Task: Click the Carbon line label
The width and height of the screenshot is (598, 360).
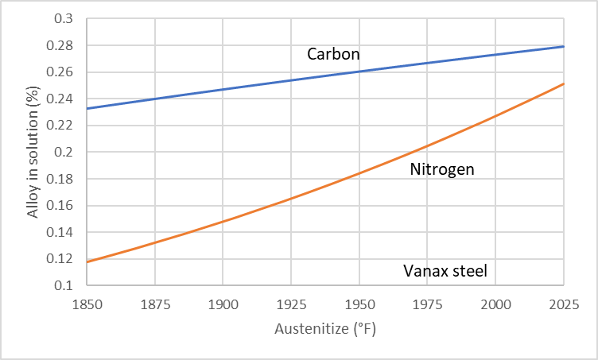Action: click(333, 55)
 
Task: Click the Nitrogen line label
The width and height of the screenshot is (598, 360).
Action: click(443, 169)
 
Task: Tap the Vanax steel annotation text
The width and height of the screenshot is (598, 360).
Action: click(445, 271)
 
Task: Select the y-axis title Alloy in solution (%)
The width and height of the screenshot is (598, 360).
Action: click(33, 151)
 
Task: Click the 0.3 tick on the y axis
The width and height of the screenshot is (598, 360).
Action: click(61, 19)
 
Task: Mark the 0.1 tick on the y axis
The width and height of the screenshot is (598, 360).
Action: click(61, 285)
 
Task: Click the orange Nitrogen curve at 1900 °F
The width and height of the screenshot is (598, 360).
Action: click(223, 221)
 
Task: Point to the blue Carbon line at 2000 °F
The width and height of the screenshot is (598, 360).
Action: click(495, 54)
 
